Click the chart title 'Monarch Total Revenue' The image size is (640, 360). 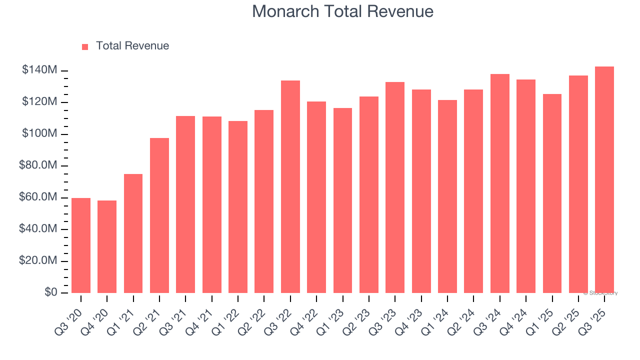[x=342, y=11]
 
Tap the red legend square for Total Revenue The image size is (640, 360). [x=85, y=46]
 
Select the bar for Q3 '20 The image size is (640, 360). [x=81, y=245]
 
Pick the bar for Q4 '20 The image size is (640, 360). [x=107, y=246]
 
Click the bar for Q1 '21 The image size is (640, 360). [x=133, y=233]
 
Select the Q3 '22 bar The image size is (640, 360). [x=290, y=186]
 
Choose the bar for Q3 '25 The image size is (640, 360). [x=604, y=179]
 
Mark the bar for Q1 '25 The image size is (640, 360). [x=552, y=193]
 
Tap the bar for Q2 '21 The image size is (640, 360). [x=159, y=215]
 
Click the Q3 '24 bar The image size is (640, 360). [x=499, y=183]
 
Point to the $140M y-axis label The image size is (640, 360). [x=39, y=70]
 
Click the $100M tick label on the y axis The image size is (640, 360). [x=39, y=134]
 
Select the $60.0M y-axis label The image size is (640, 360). [x=37, y=197]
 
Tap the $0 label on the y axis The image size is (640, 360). [x=50, y=292]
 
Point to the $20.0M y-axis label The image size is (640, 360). [x=37, y=261]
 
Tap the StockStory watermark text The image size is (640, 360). [x=600, y=293]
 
